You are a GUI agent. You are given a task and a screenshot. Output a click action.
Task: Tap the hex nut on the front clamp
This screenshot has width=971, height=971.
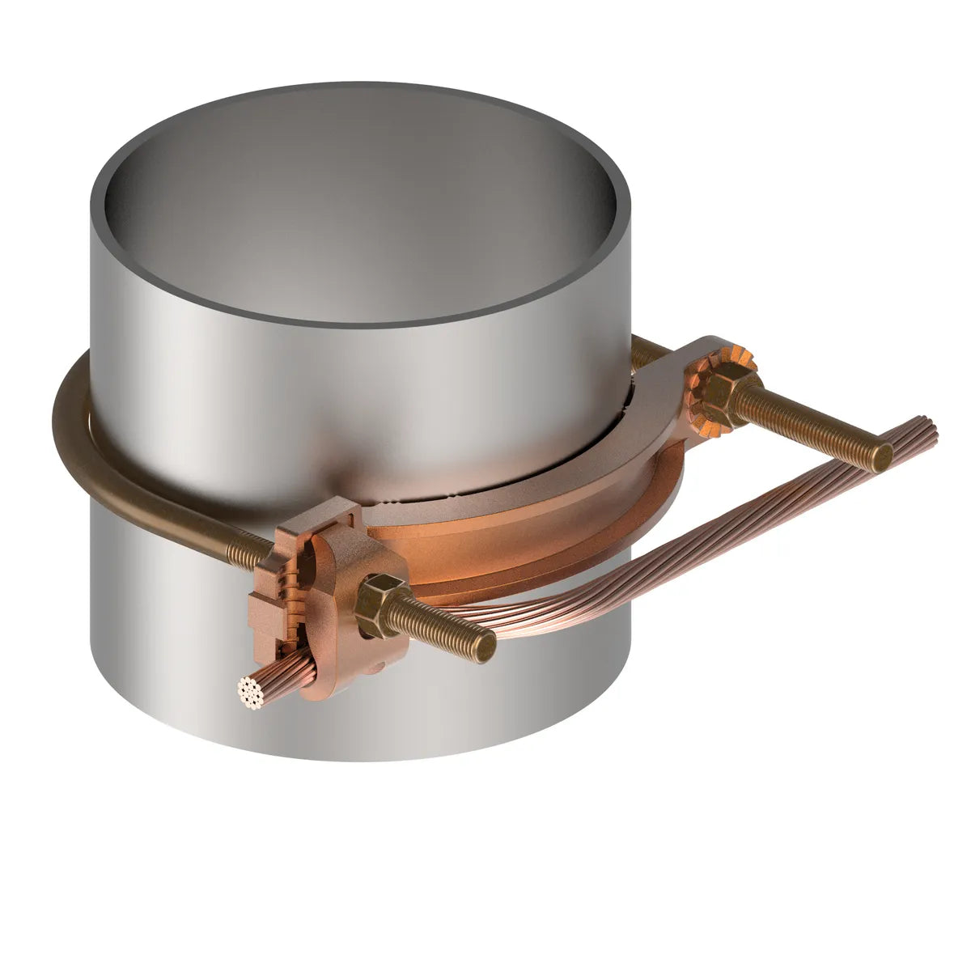pos(378,597)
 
